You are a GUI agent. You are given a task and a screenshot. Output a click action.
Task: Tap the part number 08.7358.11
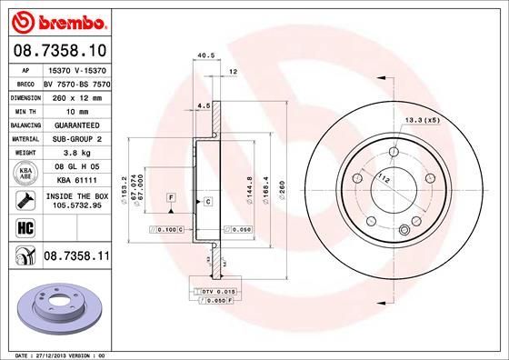pos(76,259)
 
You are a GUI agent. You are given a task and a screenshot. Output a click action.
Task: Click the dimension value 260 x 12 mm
pos(76,95)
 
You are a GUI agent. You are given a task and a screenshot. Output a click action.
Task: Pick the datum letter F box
pos(170,197)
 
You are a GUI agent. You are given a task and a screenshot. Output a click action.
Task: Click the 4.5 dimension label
pos(204,105)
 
